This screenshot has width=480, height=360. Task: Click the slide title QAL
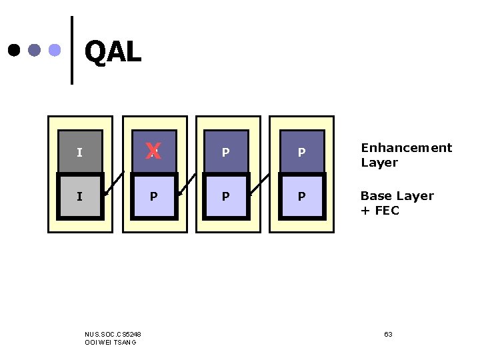113,51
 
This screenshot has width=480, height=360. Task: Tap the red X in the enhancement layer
153,151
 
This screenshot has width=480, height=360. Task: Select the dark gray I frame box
80,152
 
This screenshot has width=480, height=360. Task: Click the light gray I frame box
80,197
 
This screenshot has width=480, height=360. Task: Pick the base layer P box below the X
154,197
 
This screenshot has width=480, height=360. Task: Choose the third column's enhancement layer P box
226,152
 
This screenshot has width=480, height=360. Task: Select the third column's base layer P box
226,197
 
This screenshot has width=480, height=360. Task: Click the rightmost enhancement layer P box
301,152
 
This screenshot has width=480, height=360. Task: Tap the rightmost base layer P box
301,197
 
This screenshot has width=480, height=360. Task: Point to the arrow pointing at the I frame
114,185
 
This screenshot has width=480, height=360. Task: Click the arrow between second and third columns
187,185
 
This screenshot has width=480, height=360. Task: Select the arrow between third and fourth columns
261,185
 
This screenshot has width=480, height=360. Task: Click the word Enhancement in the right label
406,148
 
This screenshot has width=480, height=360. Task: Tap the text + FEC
379,211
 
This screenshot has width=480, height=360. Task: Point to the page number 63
388,333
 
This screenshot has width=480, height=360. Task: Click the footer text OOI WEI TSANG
111,342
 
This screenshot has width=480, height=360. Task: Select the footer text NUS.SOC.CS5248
113,333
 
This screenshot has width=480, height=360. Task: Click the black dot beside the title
13,50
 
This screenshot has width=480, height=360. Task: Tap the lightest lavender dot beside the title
55,50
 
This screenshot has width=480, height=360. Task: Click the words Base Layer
397,196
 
